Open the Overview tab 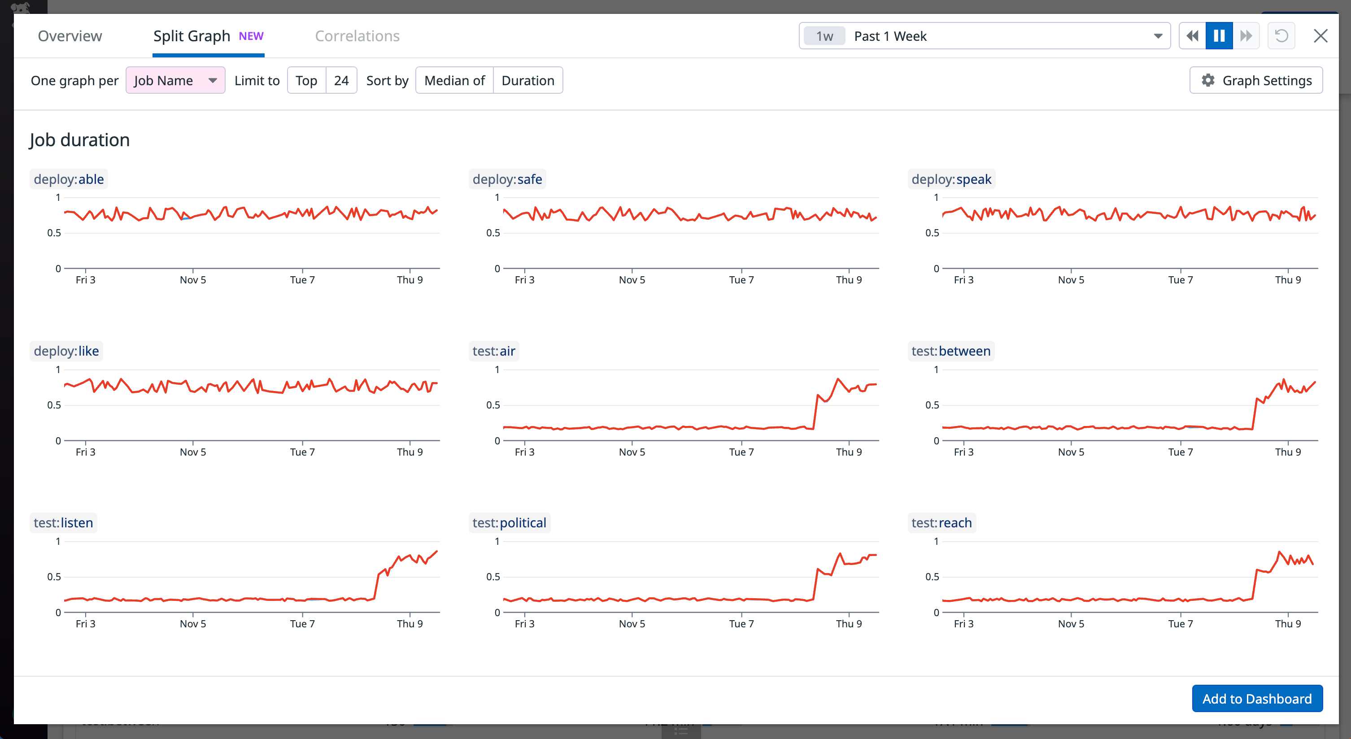pyautogui.click(x=70, y=36)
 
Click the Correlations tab pyautogui.click(x=357, y=36)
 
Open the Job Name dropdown pyautogui.click(x=175, y=80)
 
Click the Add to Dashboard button pyautogui.click(x=1257, y=698)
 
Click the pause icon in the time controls pyautogui.click(x=1219, y=36)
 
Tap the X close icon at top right pyautogui.click(x=1320, y=36)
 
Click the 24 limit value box pyautogui.click(x=341, y=80)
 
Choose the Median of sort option pyautogui.click(x=454, y=80)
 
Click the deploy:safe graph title pyautogui.click(x=507, y=179)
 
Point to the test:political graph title pyautogui.click(x=509, y=522)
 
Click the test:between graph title pyautogui.click(x=950, y=351)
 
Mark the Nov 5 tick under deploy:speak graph pyautogui.click(x=1070, y=279)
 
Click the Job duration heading pyautogui.click(x=79, y=140)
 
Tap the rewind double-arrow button pyautogui.click(x=1192, y=36)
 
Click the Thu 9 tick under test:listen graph pyautogui.click(x=409, y=623)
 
